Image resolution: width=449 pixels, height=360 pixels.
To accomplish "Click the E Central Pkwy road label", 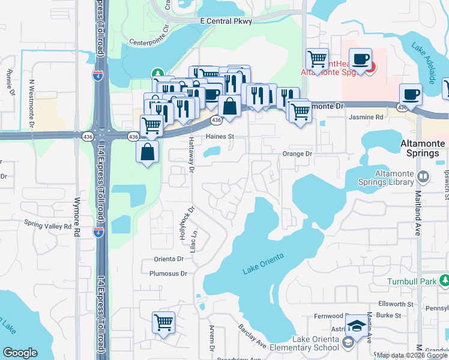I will pyautogui.click(x=227, y=20).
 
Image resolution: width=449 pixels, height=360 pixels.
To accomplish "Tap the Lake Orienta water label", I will pyautogui.click(x=263, y=264).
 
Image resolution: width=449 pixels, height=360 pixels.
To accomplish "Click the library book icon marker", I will pyautogui.click(x=423, y=176).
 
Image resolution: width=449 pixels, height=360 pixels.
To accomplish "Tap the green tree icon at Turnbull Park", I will pyautogui.click(x=444, y=280).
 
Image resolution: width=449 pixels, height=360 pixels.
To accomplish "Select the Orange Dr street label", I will pyautogui.click(x=298, y=154).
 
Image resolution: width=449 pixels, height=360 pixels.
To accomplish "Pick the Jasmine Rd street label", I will pyautogui.click(x=366, y=118).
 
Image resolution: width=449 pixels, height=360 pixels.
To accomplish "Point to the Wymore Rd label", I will pyautogui.click(x=77, y=215).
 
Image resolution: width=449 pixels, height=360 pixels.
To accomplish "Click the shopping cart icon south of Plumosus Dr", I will pyautogui.click(x=164, y=323).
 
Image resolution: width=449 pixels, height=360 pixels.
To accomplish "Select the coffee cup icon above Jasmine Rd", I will pyautogui.click(x=411, y=94).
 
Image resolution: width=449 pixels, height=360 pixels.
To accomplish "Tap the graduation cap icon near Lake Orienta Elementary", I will pyautogui.click(x=357, y=326).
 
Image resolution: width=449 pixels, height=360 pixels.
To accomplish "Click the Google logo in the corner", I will pyautogui.click(x=20, y=352).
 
